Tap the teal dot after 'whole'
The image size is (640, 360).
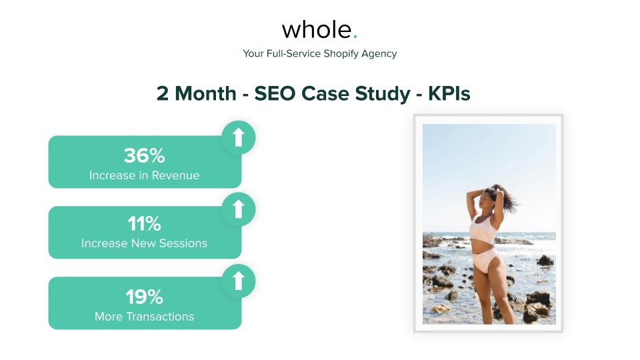pyautogui.click(x=355, y=37)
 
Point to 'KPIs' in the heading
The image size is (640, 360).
pyautogui.click(x=449, y=94)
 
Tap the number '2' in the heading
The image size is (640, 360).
pyautogui.click(x=163, y=94)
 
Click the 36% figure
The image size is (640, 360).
pyautogui.click(x=144, y=156)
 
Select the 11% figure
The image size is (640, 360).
pyautogui.click(x=144, y=223)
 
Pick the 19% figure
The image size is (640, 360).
pyautogui.click(x=144, y=297)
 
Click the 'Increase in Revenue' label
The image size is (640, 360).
pyautogui.click(x=144, y=176)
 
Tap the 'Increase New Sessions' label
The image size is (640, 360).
pyautogui.click(x=144, y=243)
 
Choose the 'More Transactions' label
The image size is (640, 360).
pyautogui.click(x=144, y=317)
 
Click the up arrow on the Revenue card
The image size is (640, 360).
pyautogui.click(x=238, y=137)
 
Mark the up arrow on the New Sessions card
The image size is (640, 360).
pyautogui.click(x=238, y=209)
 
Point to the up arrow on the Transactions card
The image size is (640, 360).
pyautogui.click(x=238, y=281)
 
